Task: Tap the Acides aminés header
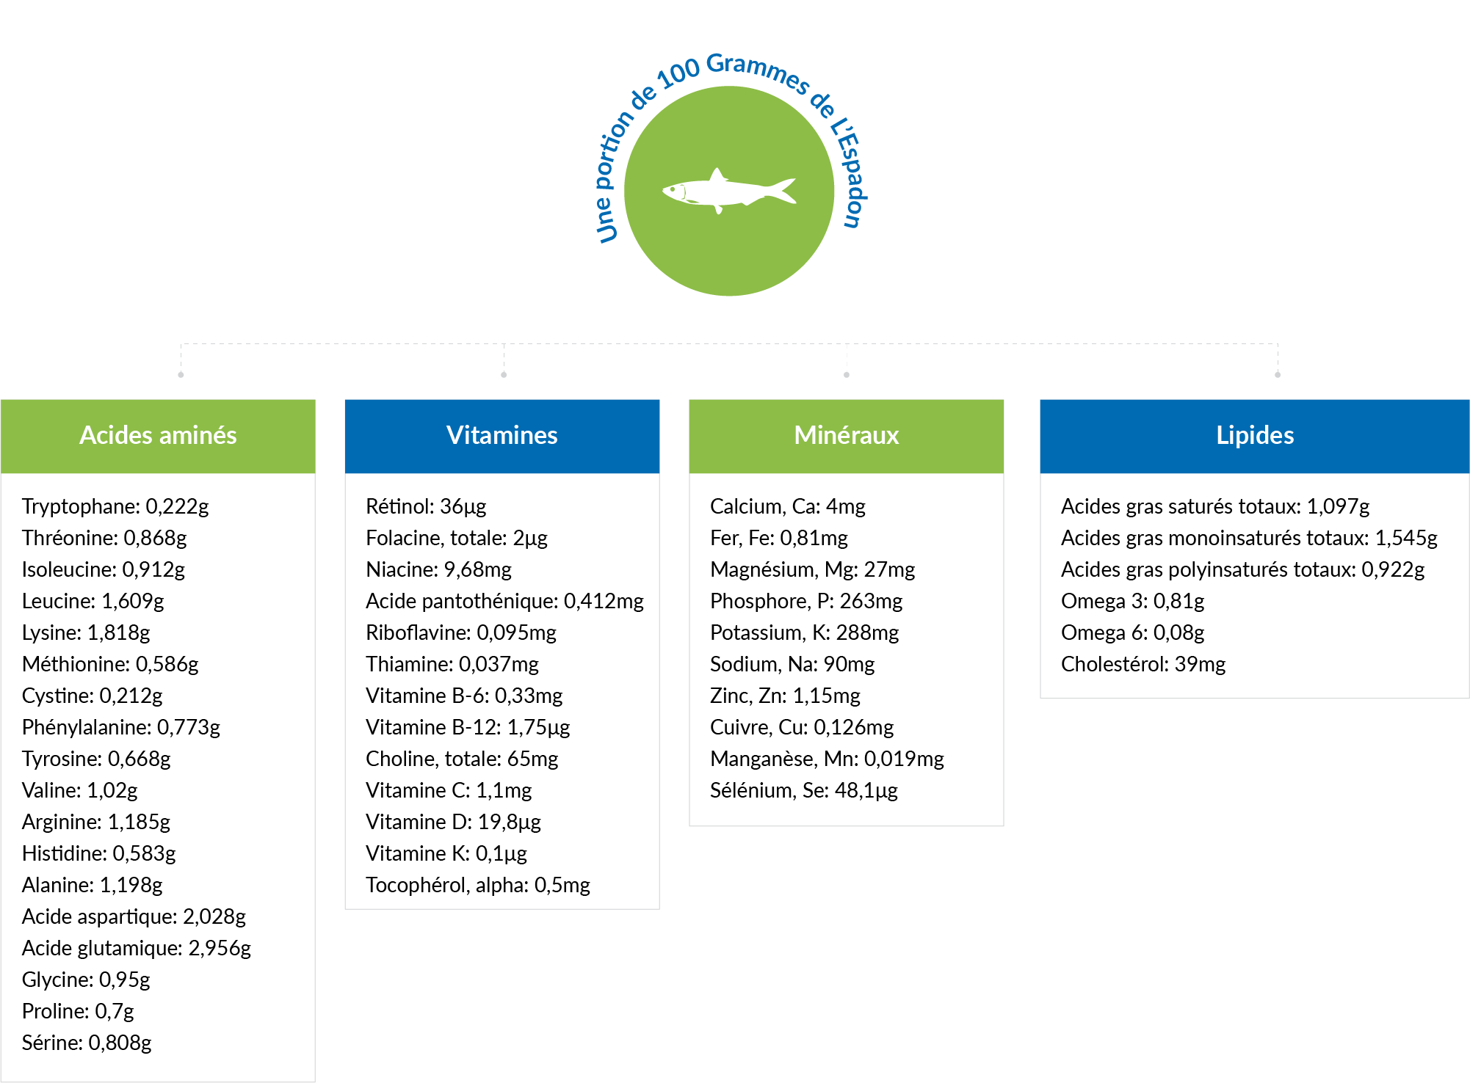tap(158, 436)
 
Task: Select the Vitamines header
tap(502, 436)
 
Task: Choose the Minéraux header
tap(846, 436)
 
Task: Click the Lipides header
tap(1254, 436)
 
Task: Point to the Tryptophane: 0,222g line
tap(115, 506)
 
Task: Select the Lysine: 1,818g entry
tap(86, 632)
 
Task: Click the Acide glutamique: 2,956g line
tap(137, 948)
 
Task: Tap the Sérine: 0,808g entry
tap(87, 1043)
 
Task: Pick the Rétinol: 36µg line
tap(426, 506)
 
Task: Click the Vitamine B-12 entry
tap(468, 727)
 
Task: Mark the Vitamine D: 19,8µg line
tap(453, 822)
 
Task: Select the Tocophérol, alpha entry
tap(478, 885)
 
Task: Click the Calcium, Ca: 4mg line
tap(787, 506)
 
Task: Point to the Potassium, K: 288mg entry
tap(804, 632)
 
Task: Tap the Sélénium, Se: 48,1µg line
tap(803, 790)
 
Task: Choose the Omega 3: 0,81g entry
tap(1132, 601)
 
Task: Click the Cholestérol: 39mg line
tap(1143, 664)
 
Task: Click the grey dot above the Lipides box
tap(1278, 375)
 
